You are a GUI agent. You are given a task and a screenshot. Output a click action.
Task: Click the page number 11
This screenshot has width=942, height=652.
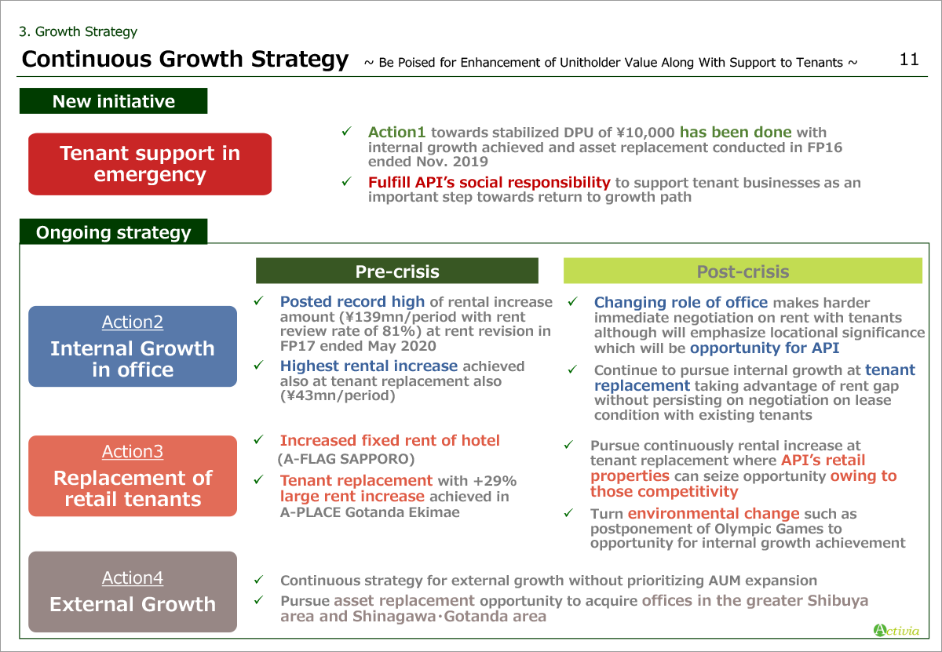909,60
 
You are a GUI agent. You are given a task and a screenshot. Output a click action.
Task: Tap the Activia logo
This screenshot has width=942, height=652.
896,630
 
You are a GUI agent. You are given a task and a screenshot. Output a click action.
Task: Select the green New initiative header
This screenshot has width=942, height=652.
114,101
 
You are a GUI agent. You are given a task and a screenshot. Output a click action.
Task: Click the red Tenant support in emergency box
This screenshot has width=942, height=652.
150,164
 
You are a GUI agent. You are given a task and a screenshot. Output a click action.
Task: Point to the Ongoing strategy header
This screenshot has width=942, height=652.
114,231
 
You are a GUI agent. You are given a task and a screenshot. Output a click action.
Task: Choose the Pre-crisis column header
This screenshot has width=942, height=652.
397,271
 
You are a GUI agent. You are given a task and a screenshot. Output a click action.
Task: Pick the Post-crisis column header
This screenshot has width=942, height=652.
743,271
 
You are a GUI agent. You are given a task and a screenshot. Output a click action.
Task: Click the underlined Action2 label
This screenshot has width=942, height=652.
133,322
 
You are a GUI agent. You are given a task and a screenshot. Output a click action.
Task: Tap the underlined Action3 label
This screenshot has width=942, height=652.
133,451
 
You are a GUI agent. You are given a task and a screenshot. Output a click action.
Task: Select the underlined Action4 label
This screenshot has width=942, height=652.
133,578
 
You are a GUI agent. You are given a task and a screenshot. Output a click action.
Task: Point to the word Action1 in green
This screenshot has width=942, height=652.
396,132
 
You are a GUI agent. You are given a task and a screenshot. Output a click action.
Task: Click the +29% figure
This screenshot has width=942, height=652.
495,480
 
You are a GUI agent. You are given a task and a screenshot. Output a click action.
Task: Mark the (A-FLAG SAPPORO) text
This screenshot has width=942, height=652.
346,459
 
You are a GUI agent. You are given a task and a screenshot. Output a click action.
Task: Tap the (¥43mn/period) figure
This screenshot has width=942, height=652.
338,395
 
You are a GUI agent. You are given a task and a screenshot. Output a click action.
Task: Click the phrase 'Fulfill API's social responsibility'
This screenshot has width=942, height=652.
489,183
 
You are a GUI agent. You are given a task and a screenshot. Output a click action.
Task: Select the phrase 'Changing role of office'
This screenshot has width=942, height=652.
681,302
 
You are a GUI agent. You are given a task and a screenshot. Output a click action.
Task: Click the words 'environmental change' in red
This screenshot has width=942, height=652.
714,513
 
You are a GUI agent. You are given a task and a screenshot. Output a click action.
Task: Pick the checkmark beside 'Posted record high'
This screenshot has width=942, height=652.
258,301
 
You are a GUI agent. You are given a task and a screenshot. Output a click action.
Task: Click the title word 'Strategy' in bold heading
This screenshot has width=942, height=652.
299,60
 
